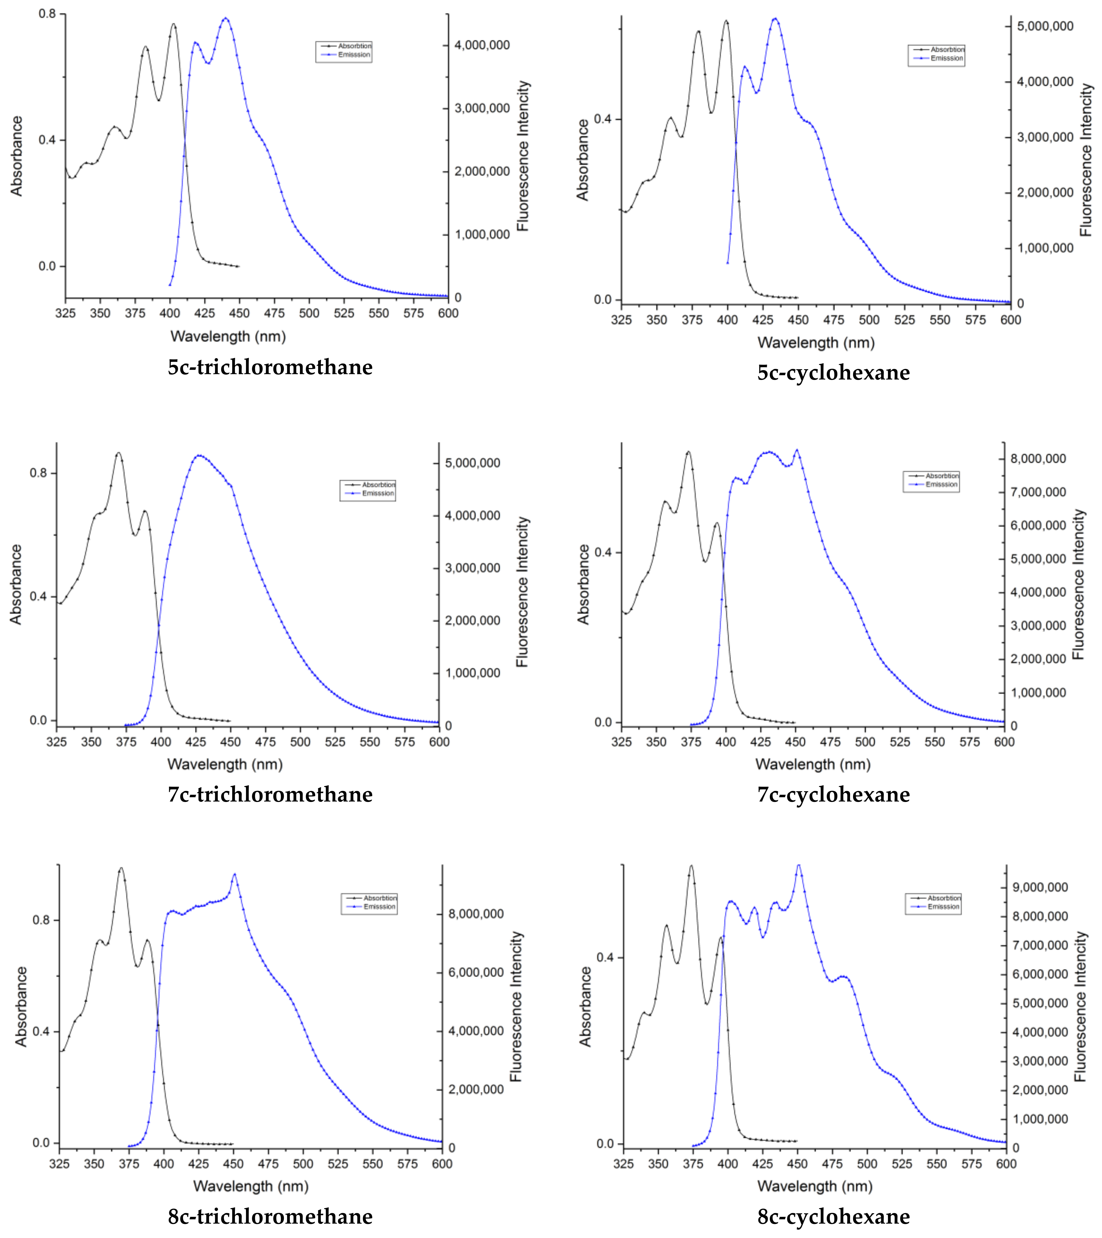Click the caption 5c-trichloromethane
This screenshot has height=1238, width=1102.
point(270,367)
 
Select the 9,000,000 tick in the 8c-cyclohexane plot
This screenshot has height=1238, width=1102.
point(1040,887)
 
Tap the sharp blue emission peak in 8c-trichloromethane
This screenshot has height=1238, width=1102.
point(234,874)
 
